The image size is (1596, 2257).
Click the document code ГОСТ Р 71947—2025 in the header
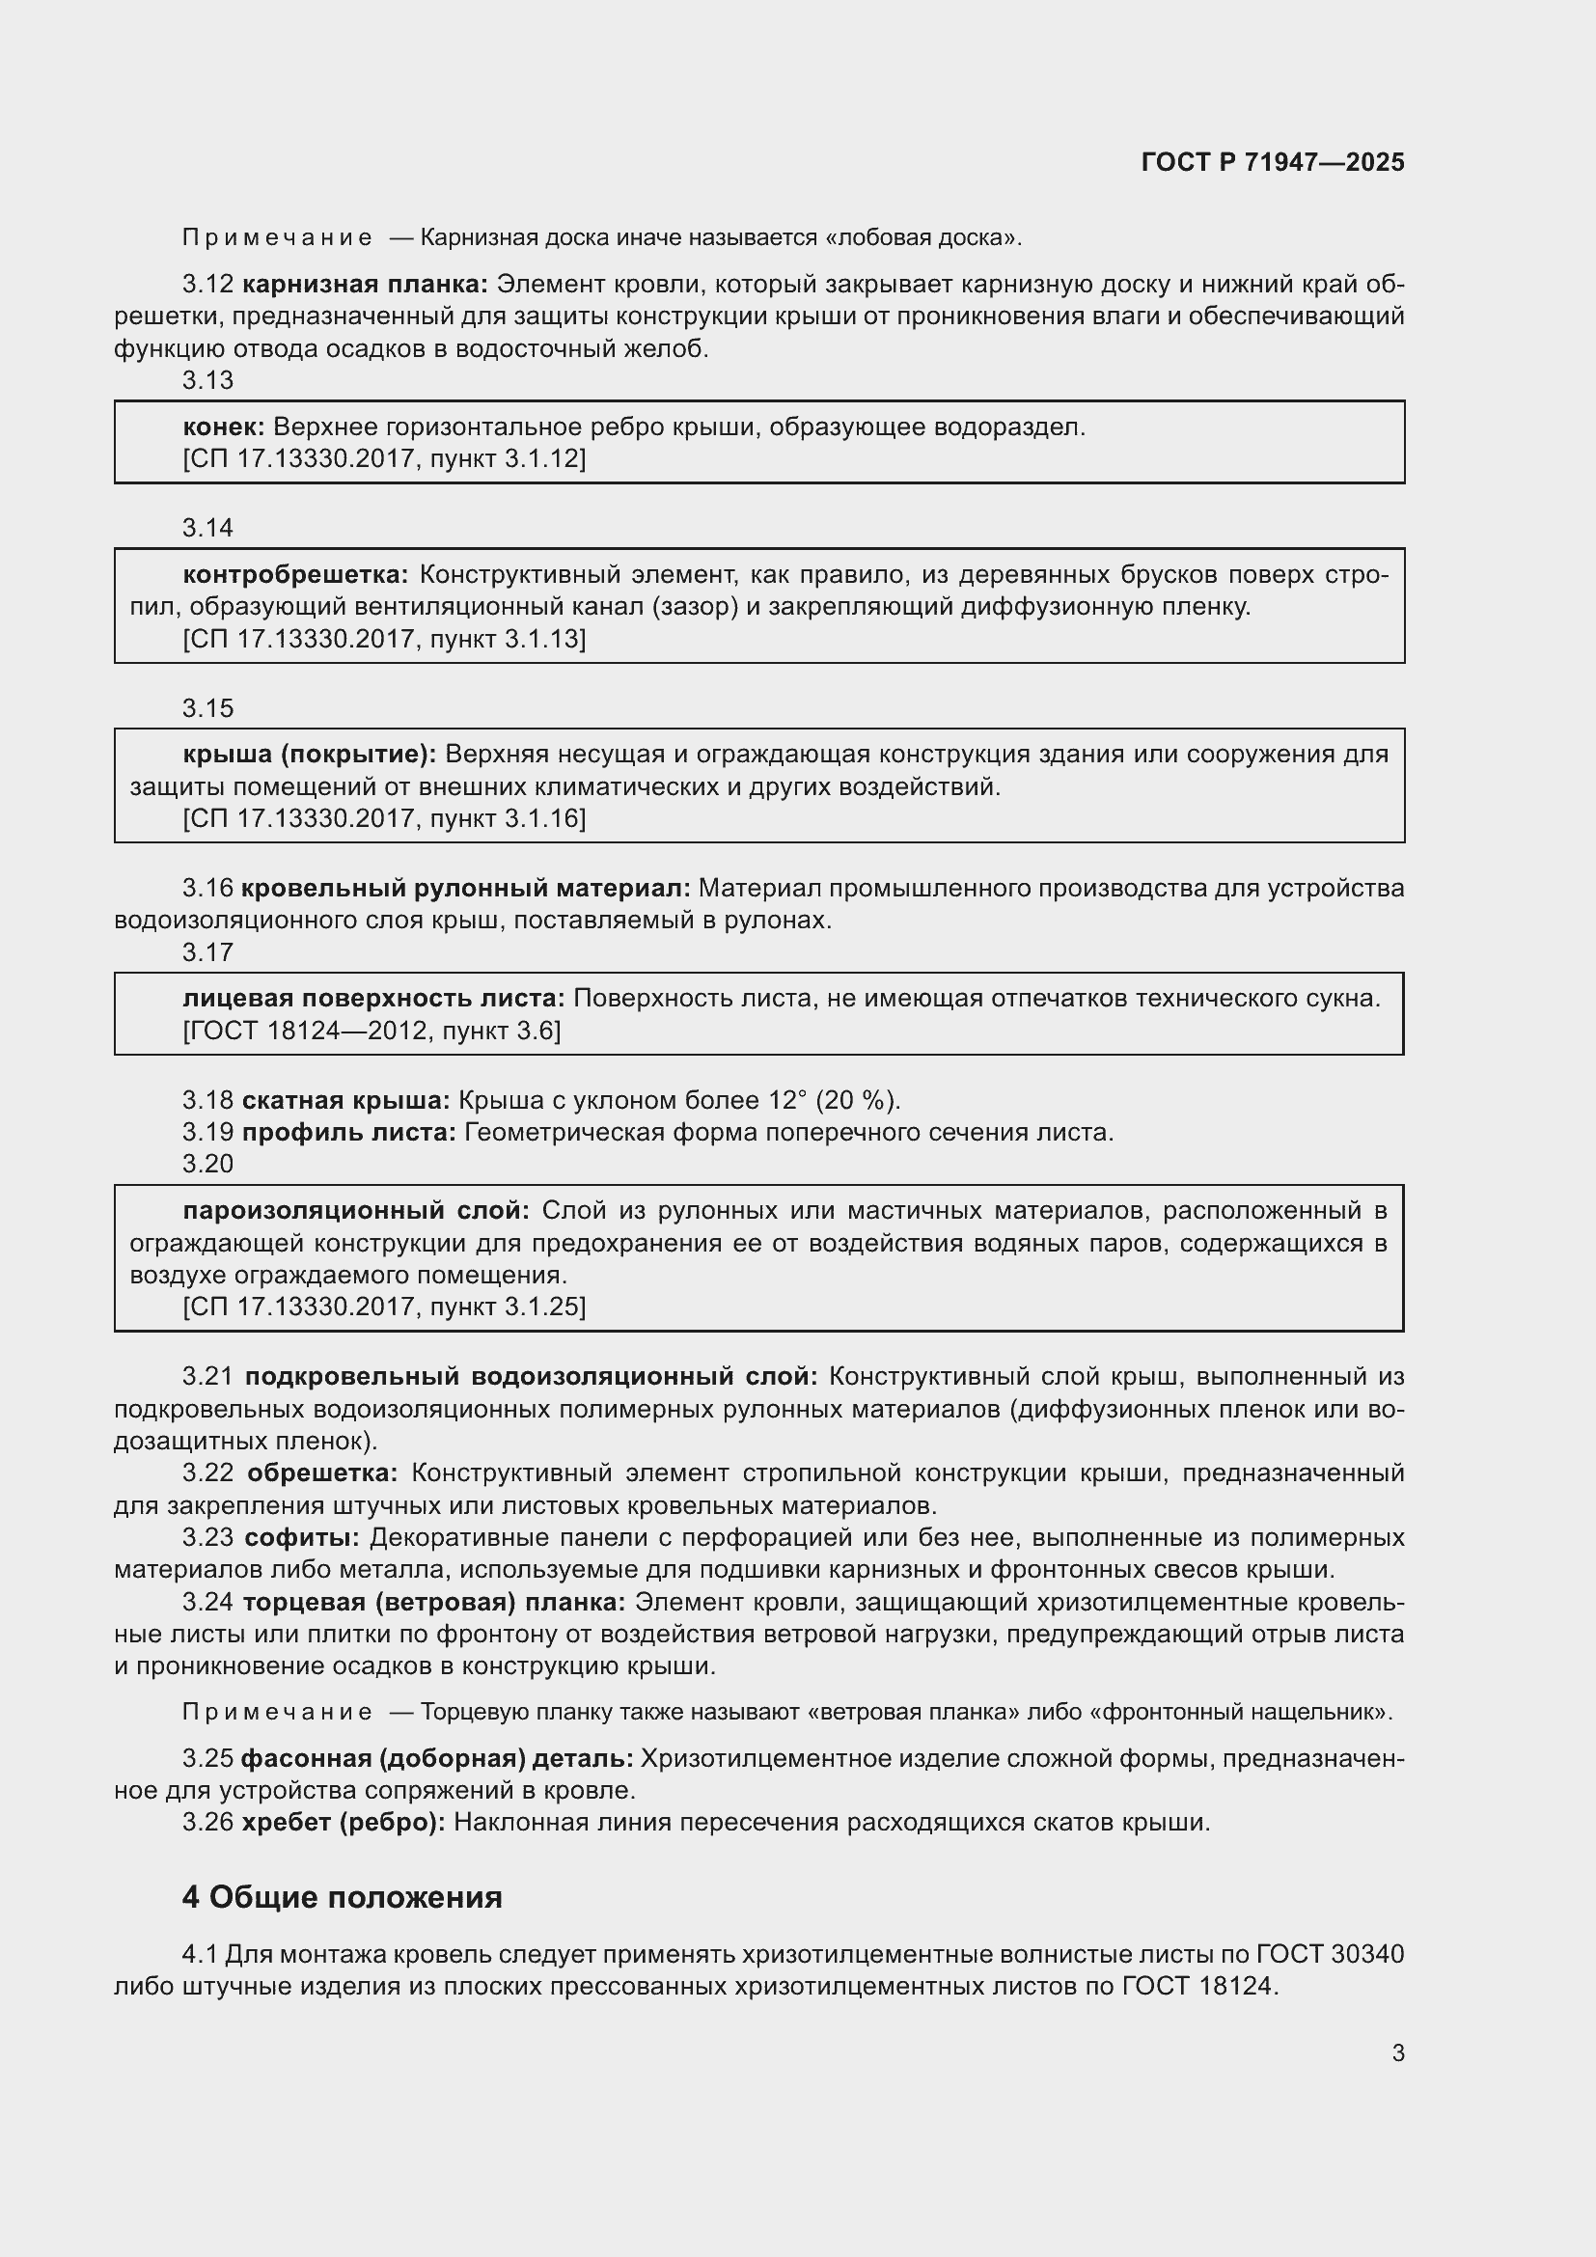pyautogui.click(x=1273, y=163)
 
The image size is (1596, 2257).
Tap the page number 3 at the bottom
pyautogui.click(x=1397, y=2052)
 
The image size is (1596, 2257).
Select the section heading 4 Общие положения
pyautogui.click(x=342, y=1896)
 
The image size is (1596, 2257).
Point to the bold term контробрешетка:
pyautogui.click(x=296, y=574)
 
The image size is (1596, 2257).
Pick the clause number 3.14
pyautogui.click(x=207, y=528)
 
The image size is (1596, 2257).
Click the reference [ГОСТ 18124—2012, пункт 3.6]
pyautogui.click(x=371, y=1031)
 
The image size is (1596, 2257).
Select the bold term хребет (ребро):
pyautogui.click(x=343, y=1822)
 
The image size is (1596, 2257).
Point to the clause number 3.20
pyautogui.click(x=207, y=1164)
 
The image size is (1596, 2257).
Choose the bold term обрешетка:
pyautogui.click(x=322, y=1473)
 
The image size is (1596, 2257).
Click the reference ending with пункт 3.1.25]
pyautogui.click(x=384, y=1307)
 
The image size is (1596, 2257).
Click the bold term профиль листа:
pyautogui.click(x=349, y=1133)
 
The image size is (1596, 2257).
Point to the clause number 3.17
pyautogui.click(x=207, y=951)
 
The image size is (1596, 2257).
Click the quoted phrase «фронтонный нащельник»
pyautogui.click(x=1241, y=1712)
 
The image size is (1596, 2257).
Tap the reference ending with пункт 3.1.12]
pyautogui.click(x=384, y=458)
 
